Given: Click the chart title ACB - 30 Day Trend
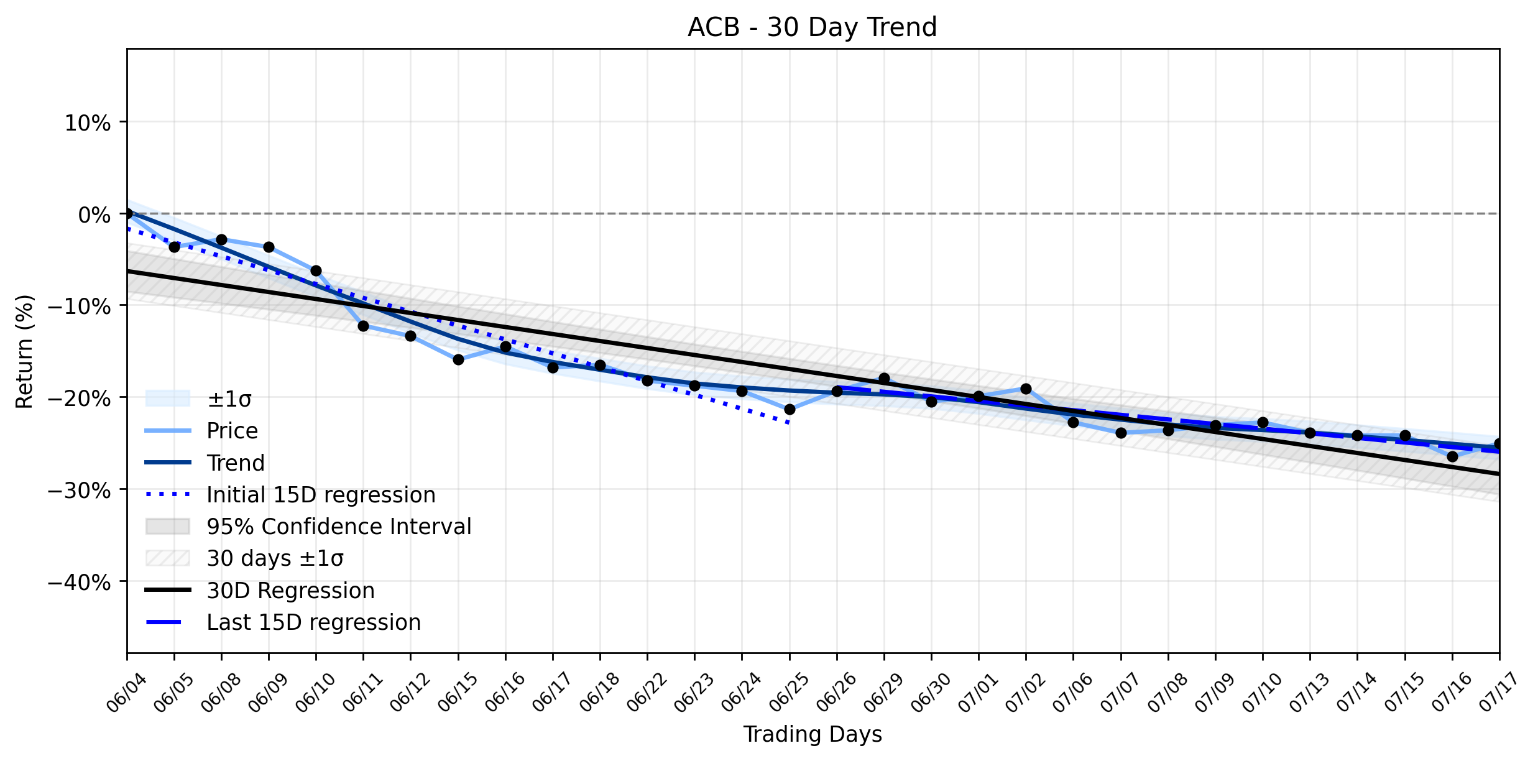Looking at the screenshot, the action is [812, 27].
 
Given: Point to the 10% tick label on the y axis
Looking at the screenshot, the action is [88, 123].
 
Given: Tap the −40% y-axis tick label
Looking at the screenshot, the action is [80, 583].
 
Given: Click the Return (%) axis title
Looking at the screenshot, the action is [24, 351].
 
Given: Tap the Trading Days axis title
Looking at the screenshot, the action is [813, 734].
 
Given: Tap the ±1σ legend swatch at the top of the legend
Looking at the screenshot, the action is [167, 399].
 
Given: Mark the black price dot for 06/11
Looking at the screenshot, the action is [364, 326].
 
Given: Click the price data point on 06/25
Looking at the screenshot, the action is [790, 409].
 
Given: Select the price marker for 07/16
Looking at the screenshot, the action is [1452, 456].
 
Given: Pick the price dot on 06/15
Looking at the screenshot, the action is [458, 359].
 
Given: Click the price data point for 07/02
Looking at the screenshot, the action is [1026, 389].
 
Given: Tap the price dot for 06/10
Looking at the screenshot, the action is [316, 270].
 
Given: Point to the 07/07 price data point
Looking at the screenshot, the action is [1121, 433].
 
